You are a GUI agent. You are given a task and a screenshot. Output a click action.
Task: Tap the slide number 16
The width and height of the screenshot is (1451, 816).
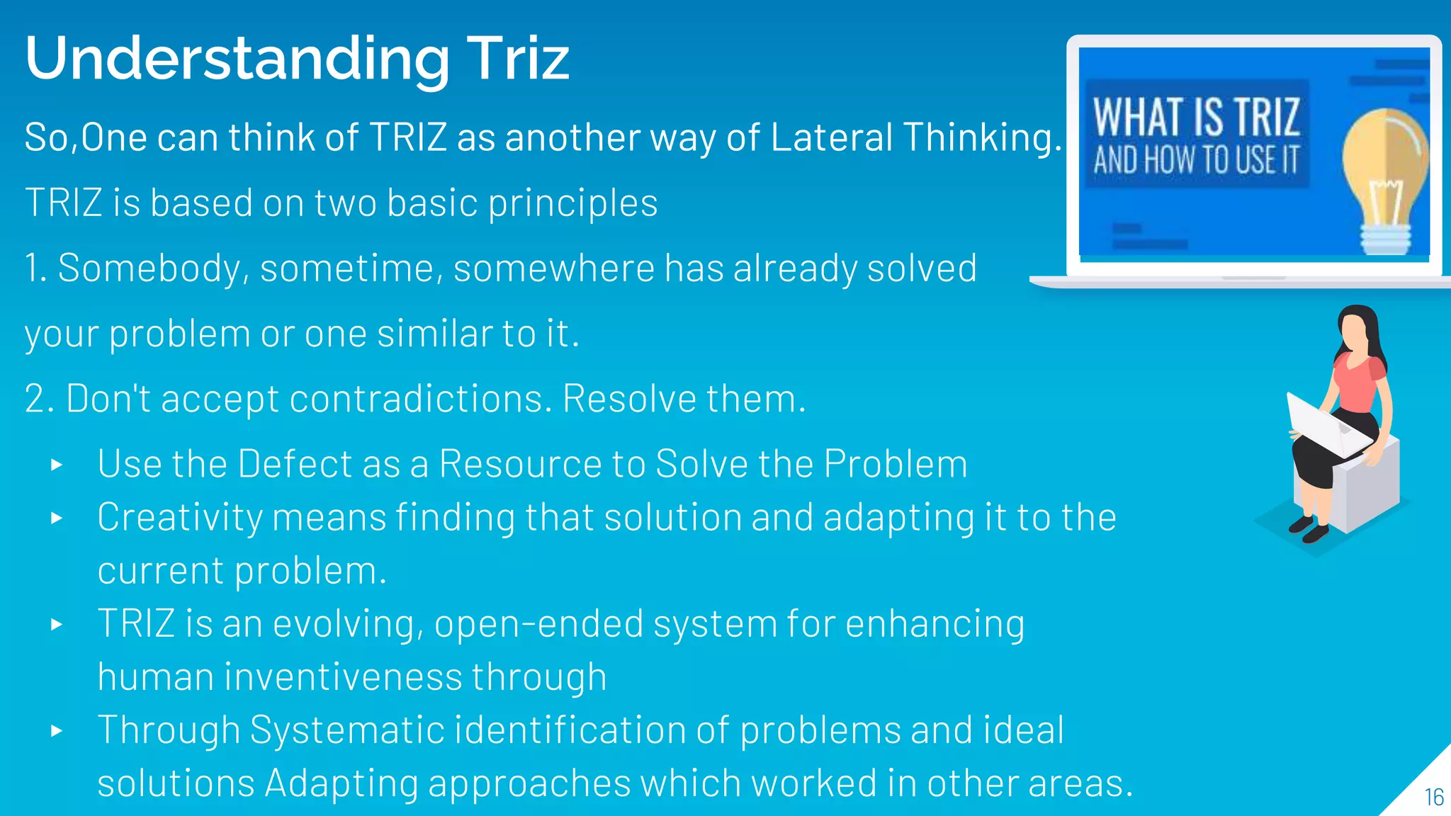tap(1434, 798)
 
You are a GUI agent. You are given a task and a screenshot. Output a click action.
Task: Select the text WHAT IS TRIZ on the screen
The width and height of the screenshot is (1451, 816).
tap(1196, 117)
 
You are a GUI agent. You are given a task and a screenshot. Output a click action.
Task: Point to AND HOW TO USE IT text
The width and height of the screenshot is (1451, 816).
tap(1196, 160)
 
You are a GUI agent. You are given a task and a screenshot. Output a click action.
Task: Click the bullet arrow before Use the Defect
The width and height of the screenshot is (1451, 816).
tap(57, 465)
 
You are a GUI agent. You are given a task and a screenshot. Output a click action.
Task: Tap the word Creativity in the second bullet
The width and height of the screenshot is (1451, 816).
tap(180, 518)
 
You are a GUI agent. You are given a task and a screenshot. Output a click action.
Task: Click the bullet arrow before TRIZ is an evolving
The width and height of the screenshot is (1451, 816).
tap(57, 625)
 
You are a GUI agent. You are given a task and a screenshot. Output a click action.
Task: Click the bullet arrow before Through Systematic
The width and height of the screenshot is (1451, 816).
tap(57, 731)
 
